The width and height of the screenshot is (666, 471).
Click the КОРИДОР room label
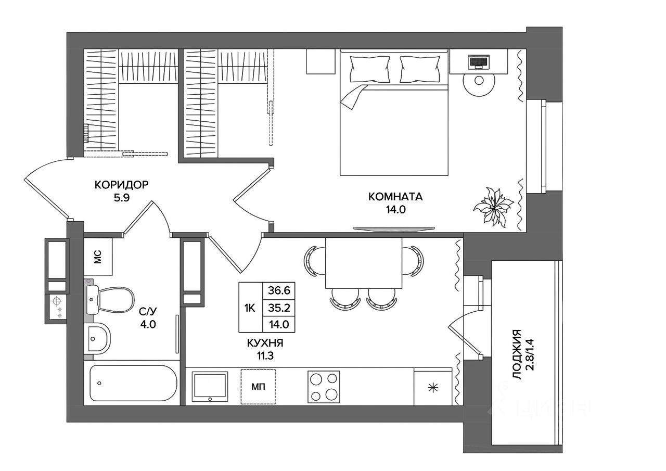(121, 185)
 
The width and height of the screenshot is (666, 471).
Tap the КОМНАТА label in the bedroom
(395, 197)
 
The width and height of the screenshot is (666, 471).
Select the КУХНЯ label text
(265, 343)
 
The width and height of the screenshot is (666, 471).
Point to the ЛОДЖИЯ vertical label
(518, 354)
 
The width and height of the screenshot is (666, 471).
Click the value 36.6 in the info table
(279, 290)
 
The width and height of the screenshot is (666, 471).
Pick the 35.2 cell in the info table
(279, 308)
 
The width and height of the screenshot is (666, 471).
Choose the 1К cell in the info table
(250, 308)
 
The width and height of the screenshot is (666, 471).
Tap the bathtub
(133, 383)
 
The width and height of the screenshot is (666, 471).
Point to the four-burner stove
(324, 387)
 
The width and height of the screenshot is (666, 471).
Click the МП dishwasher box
(258, 387)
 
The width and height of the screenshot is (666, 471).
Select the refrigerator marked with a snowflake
(433, 387)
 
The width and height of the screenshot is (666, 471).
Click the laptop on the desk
(478, 61)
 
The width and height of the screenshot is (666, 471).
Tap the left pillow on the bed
(369, 69)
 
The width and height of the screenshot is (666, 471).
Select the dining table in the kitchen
(364, 263)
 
